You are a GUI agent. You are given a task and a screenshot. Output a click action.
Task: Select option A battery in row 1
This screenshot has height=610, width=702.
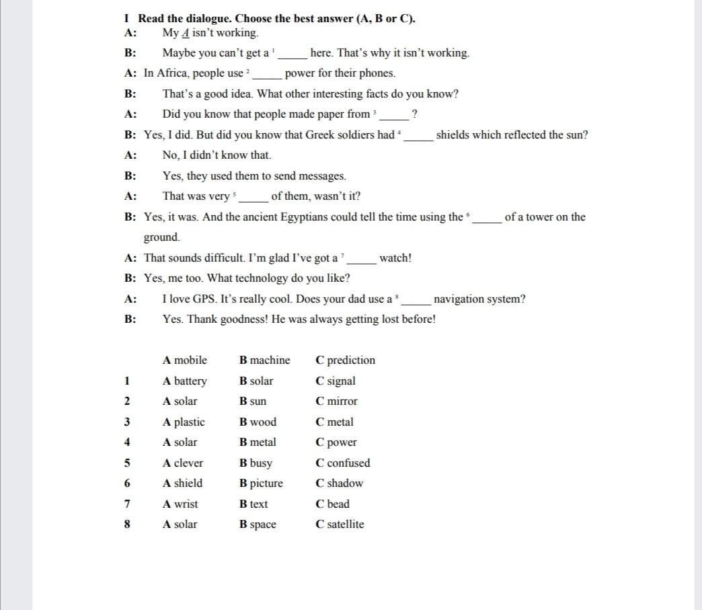[x=184, y=381]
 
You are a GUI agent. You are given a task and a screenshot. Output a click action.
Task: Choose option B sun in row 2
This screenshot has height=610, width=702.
[x=253, y=402]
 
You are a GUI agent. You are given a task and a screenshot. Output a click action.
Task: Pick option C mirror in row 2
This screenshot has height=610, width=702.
[x=336, y=402]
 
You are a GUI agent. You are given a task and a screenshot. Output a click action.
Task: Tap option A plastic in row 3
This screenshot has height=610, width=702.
[x=184, y=422]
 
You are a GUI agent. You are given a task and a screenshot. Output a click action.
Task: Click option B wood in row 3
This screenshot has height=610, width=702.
[x=258, y=422]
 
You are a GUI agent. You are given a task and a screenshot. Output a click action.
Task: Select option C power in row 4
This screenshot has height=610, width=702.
[x=336, y=443]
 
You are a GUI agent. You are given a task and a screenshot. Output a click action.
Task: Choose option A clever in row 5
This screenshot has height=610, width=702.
[x=183, y=463]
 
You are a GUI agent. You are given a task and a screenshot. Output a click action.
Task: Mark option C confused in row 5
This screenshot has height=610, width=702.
[x=342, y=463]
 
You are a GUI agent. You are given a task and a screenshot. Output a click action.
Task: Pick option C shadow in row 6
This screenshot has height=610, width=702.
[x=339, y=483]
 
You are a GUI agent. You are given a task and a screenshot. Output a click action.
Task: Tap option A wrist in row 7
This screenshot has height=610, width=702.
[x=180, y=504]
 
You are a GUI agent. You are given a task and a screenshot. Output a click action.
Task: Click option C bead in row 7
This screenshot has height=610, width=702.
[x=332, y=504]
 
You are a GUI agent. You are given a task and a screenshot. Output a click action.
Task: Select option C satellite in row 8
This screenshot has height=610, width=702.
[x=340, y=524]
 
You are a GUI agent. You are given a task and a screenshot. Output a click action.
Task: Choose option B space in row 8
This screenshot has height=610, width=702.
[x=258, y=525]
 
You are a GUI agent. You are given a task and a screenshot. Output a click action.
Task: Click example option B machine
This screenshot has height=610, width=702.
[x=265, y=360]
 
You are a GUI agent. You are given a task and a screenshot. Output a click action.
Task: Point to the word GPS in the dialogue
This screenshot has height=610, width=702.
[x=204, y=299]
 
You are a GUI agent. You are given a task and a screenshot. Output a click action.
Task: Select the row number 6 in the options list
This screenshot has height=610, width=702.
[x=127, y=483]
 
